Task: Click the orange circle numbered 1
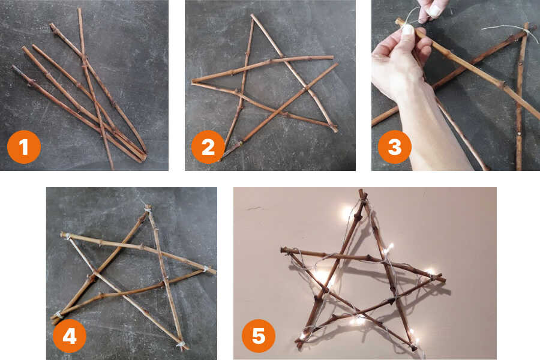(24, 147)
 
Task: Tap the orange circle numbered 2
(208, 147)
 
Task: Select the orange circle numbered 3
(395, 147)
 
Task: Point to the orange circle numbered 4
(70, 336)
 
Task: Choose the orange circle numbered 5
(259, 336)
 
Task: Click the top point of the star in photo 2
(253, 16)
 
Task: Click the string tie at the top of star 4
(148, 208)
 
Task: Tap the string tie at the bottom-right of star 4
(181, 344)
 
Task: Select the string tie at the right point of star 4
(206, 269)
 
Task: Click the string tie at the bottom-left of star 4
(59, 314)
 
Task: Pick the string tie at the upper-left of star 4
(67, 236)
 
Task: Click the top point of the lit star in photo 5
(361, 191)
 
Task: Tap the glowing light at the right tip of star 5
(430, 272)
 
